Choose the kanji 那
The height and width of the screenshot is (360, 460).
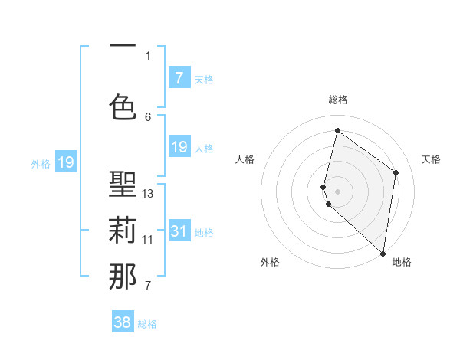click(x=123, y=277)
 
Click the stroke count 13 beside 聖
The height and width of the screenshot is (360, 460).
click(x=148, y=193)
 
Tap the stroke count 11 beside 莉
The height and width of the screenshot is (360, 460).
click(x=148, y=239)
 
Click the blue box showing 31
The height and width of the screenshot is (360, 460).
click(x=179, y=231)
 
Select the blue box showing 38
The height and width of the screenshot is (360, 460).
click(x=123, y=322)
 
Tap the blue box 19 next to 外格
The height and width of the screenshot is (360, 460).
click(x=65, y=162)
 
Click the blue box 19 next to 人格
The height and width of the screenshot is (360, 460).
click(x=179, y=147)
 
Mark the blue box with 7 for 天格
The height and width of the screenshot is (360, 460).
click(x=179, y=78)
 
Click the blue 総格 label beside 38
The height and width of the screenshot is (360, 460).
click(x=147, y=324)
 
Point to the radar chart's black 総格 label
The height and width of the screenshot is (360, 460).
click(x=337, y=100)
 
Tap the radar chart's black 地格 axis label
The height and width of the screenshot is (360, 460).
click(x=402, y=262)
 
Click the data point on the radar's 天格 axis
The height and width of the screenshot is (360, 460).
click(x=396, y=172)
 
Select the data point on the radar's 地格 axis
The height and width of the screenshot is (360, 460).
click(x=383, y=254)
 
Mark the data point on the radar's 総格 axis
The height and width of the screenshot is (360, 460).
click(x=337, y=131)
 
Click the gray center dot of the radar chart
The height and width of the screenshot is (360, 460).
click(x=337, y=190)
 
